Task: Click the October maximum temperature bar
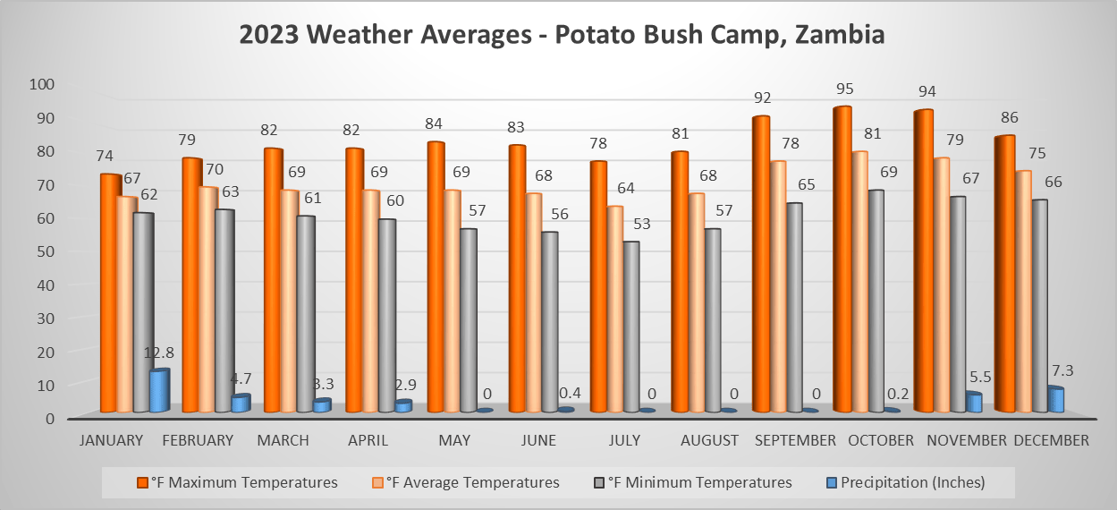[x=842, y=259]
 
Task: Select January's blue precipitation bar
[x=159, y=391]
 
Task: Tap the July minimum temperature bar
[x=631, y=327]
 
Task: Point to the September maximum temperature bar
[x=761, y=264]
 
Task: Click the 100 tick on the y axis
[x=43, y=84]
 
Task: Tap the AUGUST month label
[x=709, y=440]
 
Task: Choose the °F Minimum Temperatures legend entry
[x=699, y=482]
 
